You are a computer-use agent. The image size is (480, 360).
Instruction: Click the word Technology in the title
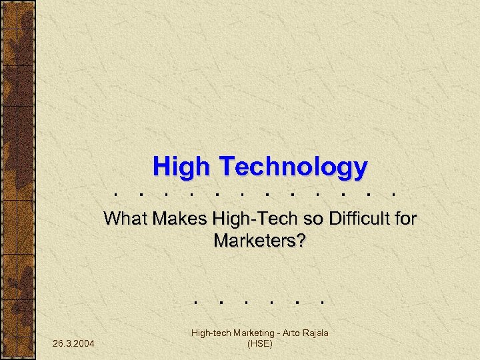(x=291, y=167)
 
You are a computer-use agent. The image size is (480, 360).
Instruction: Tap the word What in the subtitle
(x=127, y=219)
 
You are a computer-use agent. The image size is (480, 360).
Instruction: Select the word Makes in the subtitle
(x=181, y=219)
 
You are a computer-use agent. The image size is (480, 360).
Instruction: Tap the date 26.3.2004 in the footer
(x=73, y=343)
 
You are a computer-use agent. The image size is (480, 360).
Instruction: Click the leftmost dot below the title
(x=117, y=196)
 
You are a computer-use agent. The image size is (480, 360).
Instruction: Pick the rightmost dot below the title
(x=396, y=196)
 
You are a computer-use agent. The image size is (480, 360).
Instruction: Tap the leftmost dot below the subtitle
(x=195, y=301)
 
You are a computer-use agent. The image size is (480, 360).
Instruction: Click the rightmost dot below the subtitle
(x=321, y=301)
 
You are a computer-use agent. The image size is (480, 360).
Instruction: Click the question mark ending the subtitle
(x=301, y=240)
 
